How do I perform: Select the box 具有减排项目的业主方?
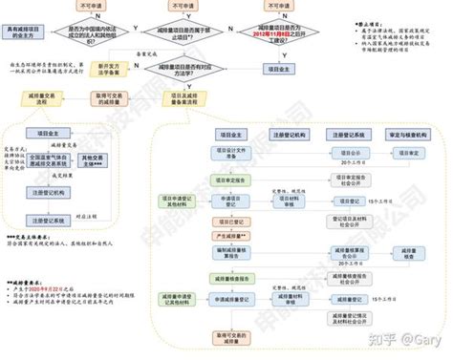pos(21,36)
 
